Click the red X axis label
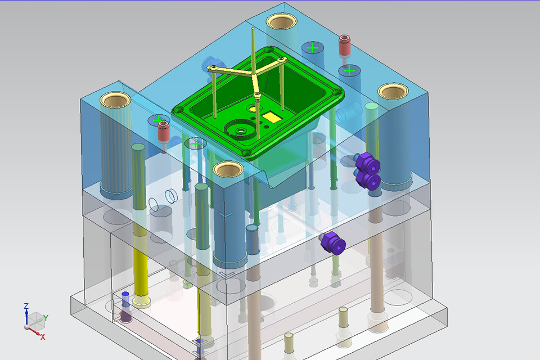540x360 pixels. click(43, 337)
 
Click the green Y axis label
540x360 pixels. click(46, 318)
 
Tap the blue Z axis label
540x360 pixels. click(26, 306)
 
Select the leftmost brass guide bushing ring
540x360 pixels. click(115, 100)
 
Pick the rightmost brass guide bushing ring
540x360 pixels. click(393, 91)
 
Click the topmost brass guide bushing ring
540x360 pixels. click(282, 21)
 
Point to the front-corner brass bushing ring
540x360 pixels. click(228, 169)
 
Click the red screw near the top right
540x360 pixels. click(344, 46)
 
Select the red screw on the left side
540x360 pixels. click(164, 131)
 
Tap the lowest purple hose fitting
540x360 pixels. click(332, 243)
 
